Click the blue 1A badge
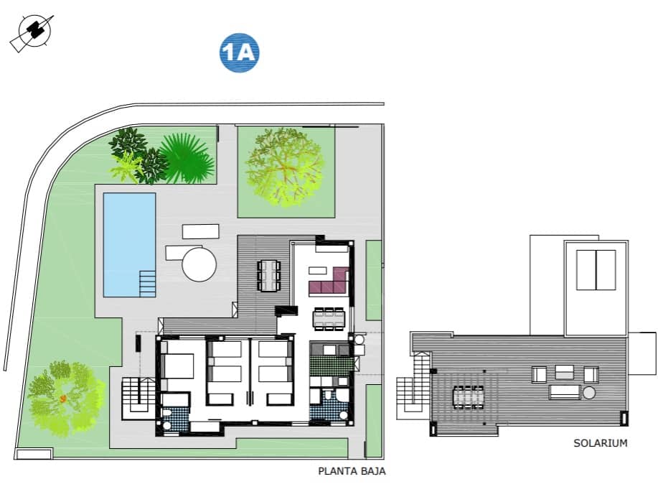click(239, 53)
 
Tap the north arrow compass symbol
click(32, 32)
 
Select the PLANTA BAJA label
click(352, 472)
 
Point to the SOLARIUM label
click(600, 443)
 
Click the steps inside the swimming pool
click(147, 282)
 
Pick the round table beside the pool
click(199, 264)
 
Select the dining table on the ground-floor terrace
click(269, 275)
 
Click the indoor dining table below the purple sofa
click(329, 316)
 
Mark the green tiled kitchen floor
click(331, 364)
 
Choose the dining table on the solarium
click(469, 396)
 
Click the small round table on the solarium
click(589, 393)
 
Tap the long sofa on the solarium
click(564, 392)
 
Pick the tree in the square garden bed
click(285, 167)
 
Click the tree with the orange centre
click(63, 397)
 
